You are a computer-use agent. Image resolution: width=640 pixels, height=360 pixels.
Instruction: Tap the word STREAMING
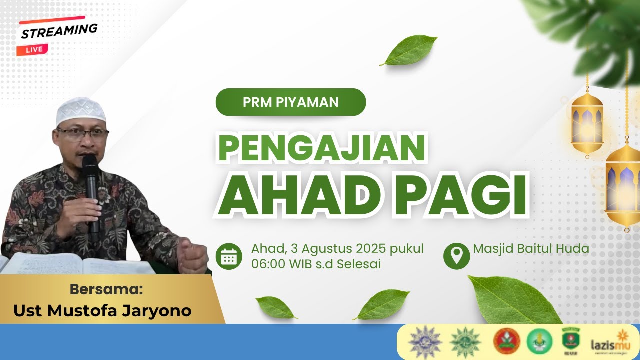click(x=59, y=31)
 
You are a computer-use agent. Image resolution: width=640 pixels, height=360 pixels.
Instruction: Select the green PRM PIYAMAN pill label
click(x=290, y=102)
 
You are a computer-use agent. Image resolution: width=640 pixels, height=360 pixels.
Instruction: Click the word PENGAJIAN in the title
click(x=321, y=149)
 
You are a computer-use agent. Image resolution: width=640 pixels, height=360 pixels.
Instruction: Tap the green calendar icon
click(x=229, y=256)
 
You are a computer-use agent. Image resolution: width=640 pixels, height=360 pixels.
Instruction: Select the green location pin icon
click(x=456, y=256)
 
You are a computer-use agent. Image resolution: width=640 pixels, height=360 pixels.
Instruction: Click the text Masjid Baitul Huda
click(x=531, y=248)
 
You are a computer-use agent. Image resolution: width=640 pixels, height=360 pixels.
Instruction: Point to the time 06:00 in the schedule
click(x=268, y=264)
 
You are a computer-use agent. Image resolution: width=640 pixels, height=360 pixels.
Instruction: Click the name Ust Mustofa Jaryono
click(x=102, y=311)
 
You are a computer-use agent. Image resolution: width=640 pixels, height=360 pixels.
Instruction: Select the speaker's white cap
click(x=80, y=110)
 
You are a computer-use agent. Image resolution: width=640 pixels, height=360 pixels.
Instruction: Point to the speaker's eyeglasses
click(x=83, y=133)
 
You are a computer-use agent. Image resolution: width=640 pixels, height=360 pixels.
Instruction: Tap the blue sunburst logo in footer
click(x=425, y=342)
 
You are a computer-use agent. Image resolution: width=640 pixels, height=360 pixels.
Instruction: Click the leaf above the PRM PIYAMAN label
click(x=409, y=50)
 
